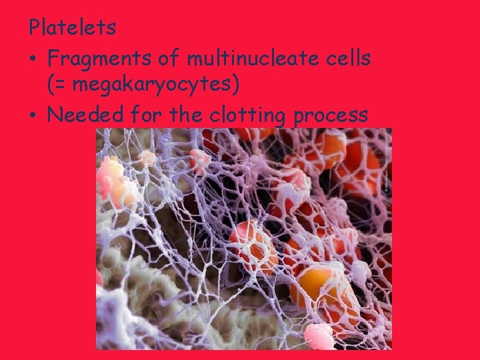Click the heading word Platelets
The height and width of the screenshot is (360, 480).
tap(72, 28)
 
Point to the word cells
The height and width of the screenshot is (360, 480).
tap(346, 59)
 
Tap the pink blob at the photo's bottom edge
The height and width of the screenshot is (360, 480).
tap(318, 336)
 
